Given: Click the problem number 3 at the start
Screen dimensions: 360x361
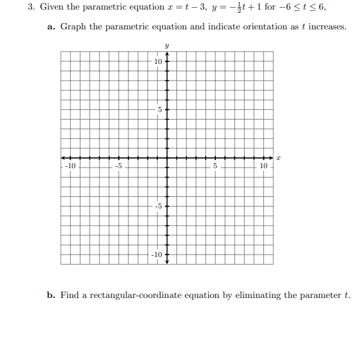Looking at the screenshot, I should point(30,7).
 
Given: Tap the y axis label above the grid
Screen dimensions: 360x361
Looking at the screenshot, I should point(167,46).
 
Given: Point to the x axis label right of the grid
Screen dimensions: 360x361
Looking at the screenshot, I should point(279,157).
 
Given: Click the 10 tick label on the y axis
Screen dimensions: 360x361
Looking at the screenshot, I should point(158,61).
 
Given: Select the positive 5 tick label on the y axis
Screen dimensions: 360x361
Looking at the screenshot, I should point(160,109).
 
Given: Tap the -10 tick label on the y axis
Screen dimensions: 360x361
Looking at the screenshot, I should point(157,254).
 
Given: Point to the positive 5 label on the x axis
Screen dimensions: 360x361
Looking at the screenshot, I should point(215,166).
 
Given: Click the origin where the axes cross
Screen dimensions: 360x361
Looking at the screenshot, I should point(167,158).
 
